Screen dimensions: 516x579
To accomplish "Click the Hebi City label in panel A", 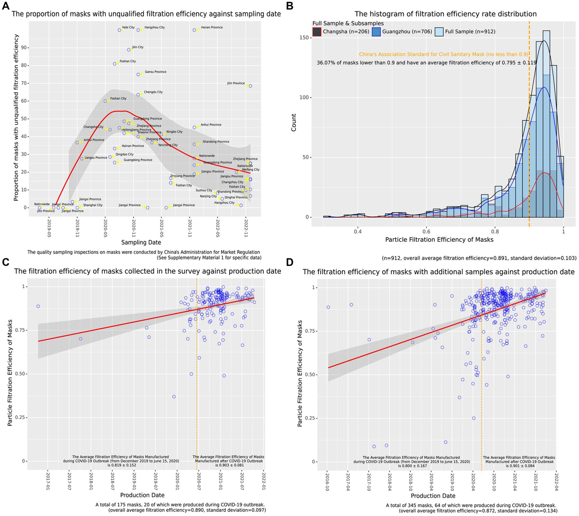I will click(128, 28).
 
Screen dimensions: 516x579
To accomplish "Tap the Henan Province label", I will click(211, 28).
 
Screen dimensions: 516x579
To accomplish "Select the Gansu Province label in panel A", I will click(155, 72).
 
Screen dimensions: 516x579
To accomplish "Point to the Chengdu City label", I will click(153, 92).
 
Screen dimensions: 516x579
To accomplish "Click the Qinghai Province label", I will click(236, 197).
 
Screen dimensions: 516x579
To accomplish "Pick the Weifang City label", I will click(250, 170).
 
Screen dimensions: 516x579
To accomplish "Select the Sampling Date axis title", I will click(140, 242).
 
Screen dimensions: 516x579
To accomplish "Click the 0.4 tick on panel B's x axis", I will click(358, 231).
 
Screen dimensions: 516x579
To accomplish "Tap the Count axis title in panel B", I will click(294, 123).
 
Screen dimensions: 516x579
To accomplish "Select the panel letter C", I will click(5, 262).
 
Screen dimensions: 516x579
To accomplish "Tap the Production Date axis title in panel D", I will click(433, 496).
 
